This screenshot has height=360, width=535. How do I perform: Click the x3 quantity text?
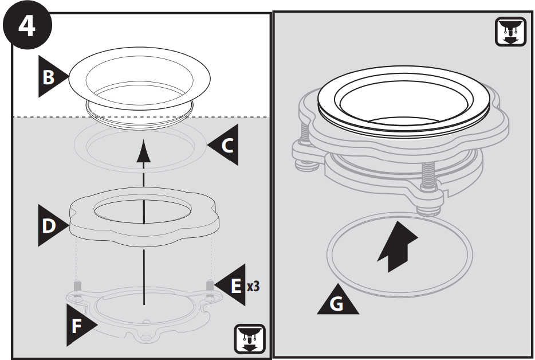point(253,285)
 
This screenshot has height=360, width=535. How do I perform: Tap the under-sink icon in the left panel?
point(250,338)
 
